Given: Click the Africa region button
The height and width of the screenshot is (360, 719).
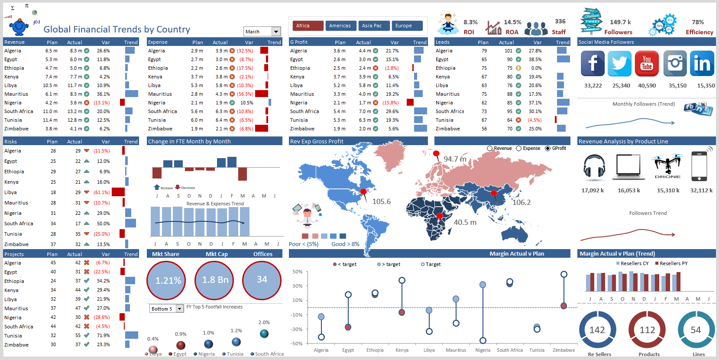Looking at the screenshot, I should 308,26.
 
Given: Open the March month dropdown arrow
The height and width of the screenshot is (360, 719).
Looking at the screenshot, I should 276,32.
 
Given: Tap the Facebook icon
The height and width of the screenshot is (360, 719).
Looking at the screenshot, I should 593,64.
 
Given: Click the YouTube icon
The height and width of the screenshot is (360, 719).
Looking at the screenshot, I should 647,64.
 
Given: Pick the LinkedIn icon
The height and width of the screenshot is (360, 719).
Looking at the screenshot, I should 702,64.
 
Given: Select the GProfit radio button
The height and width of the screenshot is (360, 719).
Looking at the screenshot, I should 548,148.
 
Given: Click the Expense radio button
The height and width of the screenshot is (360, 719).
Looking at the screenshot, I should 518,148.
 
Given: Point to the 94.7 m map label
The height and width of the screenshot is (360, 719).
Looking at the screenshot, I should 455,159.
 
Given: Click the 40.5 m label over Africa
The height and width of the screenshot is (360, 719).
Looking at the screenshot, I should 465,222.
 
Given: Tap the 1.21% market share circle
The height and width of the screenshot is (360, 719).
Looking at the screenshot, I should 167,280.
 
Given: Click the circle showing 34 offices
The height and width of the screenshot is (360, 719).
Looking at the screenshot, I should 262,280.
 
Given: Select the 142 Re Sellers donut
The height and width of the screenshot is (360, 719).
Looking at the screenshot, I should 597,330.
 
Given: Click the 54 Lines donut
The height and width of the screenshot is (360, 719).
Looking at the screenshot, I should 696,330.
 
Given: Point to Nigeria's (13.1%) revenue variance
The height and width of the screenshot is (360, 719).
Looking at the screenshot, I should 102,103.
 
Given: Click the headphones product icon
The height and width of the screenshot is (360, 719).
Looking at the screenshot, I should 594,166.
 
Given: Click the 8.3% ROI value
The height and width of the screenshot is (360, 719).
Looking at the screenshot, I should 470,22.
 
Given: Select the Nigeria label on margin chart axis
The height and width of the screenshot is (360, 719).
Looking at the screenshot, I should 483,350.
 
